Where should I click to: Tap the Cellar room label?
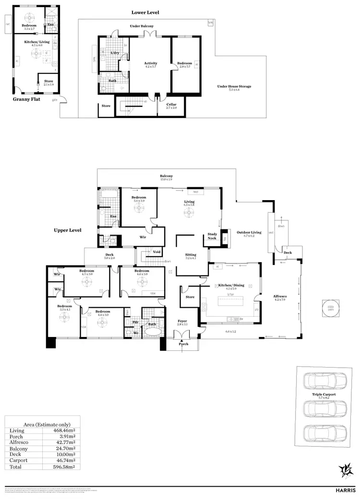pos(171,105)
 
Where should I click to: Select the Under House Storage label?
pos(234,86)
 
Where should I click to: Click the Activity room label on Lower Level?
pos(151,63)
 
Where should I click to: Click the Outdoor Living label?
pos(249,233)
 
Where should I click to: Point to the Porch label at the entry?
pos(183,344)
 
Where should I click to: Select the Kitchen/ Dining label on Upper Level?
pos(231,285)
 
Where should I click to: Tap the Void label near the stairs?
pos(156,251)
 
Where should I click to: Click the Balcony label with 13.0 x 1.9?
pos(166,177)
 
